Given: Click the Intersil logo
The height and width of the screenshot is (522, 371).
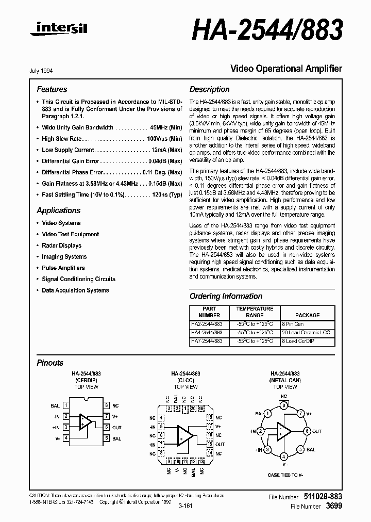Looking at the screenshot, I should coord(59,31).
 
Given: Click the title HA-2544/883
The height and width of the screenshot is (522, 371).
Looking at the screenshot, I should coord(267,30).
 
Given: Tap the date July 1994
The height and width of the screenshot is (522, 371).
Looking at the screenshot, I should coord(45,71).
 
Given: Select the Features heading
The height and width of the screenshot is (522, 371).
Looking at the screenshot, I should coord(52,89).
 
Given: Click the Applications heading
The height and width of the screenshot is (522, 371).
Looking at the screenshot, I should coord(59,210).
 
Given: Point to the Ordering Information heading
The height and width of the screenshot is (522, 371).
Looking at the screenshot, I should coord(226,296).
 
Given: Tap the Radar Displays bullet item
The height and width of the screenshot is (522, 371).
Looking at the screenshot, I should coord(61,246).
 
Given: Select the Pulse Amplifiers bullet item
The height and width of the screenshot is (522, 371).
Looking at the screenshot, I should coord(63,268).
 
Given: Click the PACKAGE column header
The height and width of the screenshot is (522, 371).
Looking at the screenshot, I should coord(307,315).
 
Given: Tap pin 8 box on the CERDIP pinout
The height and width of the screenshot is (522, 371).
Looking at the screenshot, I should coord(106,405).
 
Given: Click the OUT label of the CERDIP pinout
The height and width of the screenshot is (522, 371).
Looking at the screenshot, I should coord(117,427).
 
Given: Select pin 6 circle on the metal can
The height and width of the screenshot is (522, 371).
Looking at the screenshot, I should coord(307,431).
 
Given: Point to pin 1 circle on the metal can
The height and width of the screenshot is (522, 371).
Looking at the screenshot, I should coord(267,413).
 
